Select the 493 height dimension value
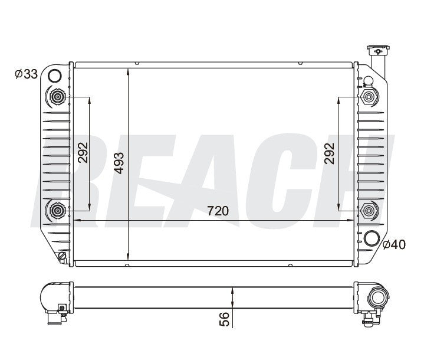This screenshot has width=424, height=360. pos(120,162)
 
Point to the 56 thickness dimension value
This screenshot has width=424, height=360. pos(224,319)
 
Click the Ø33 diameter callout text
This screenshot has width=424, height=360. pos(27,74)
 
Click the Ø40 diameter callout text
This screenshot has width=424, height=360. pos(395,244)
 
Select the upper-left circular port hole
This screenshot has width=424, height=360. pos(54,76)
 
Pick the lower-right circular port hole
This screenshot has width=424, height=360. pos(372,238)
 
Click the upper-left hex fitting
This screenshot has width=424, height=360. pos(58,97)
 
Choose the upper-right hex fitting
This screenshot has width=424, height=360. pos(369,97)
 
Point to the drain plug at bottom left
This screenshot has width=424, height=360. pos(62,256)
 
